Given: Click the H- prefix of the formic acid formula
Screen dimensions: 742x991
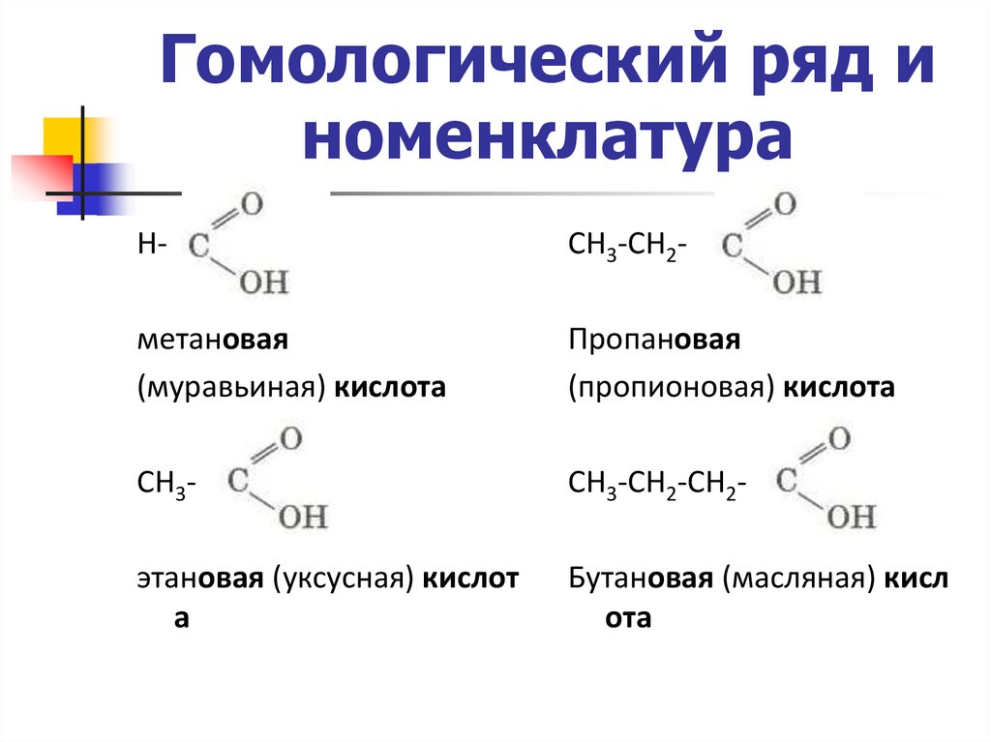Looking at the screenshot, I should coord(152,247).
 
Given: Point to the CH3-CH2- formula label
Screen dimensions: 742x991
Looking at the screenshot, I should coord(628,247).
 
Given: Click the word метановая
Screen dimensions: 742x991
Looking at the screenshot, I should coord(213,341).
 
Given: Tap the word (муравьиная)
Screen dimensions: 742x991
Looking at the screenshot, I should coord(231,389).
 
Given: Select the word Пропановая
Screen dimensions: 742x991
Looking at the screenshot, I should coord(654,341).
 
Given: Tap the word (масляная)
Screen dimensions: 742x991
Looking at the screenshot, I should coord(794,579).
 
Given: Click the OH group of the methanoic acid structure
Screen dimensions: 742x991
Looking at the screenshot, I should coord(262,283).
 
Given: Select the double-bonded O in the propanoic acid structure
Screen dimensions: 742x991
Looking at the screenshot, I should coord(785,205).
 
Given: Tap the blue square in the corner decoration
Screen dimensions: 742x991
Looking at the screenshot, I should coord(97,181).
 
